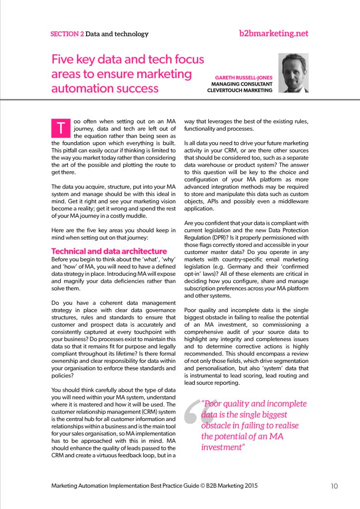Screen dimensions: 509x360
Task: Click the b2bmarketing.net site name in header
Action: pos(273,34)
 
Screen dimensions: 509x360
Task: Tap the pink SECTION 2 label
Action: pos(67,34)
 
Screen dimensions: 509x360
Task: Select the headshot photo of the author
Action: pos(293,73)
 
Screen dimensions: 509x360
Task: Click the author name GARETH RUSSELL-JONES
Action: pos(244,78)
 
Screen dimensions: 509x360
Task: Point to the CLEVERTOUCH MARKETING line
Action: pos(240,90)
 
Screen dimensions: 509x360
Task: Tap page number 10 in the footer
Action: pos(334,486)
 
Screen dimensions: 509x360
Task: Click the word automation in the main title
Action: pos(79,89)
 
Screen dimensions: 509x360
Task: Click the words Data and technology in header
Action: pos(117,34)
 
